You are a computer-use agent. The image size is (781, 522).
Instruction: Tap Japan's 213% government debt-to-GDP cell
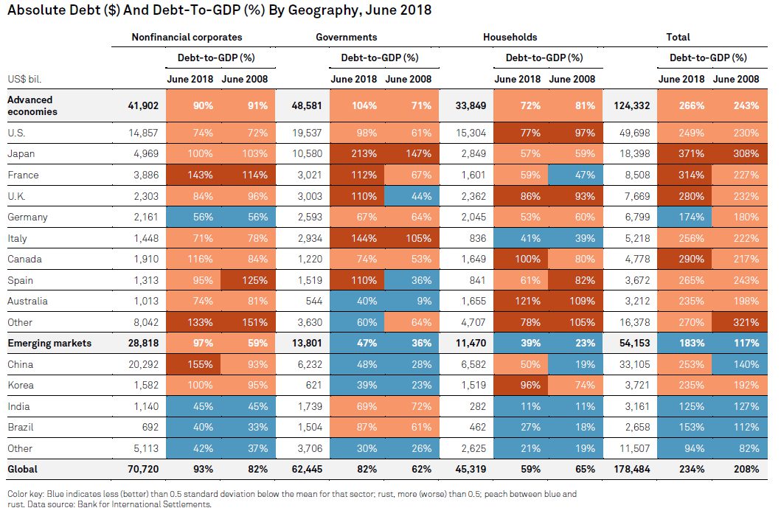[x=357, y=154]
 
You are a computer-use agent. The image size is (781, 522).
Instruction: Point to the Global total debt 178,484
[x=631, y=469]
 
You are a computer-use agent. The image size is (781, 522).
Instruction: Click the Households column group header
[x=510, y=37]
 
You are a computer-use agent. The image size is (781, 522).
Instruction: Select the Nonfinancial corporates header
[x=187, y=37]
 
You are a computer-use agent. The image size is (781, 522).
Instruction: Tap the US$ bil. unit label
[x=25, y=79]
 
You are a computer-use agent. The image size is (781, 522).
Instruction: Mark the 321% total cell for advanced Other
[x=740, y=322]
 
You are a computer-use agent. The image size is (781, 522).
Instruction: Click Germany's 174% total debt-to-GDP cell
[x=685, y=217]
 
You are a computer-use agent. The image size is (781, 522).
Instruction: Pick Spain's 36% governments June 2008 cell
[x=412, y=280]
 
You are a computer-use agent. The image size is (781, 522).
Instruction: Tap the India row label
[x=18, y=406]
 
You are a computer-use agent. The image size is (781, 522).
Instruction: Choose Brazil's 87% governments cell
[x=357, y=427]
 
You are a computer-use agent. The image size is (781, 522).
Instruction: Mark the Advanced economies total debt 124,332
[x=631, y=105]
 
